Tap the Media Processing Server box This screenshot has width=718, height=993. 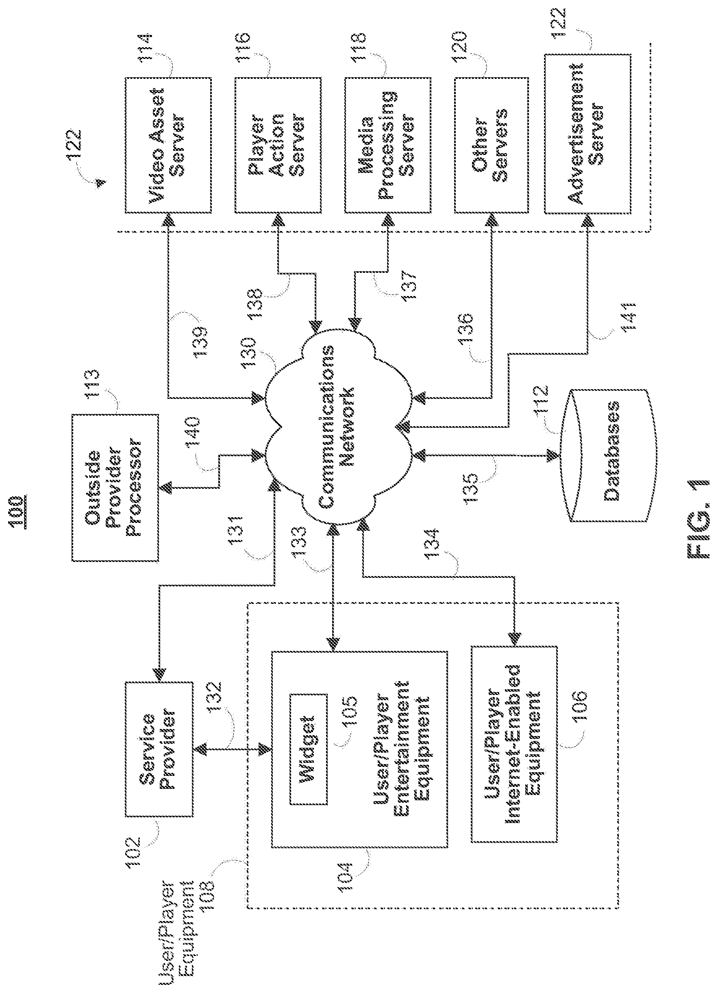(387, 145)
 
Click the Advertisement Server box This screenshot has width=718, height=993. (587, 134)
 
